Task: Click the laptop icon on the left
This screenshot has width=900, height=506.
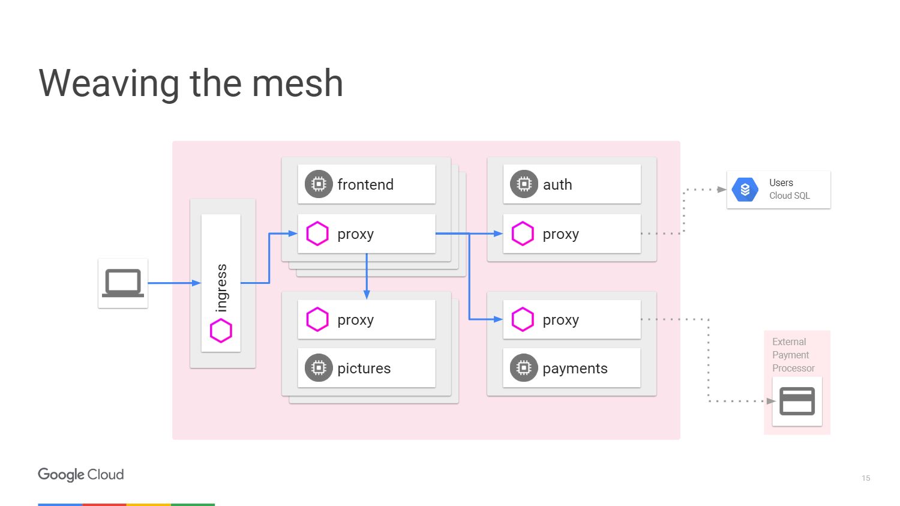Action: (123, 283)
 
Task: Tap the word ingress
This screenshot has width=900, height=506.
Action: (221, 288)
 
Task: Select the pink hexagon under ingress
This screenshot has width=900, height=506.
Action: (221, 331)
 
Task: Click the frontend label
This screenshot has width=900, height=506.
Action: (365, 184)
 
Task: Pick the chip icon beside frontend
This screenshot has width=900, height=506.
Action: (319, 184)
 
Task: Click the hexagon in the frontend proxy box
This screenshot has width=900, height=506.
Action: (317, 234)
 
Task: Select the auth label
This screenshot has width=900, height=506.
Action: (557, 184)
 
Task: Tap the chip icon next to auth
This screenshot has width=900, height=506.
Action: (524, 184)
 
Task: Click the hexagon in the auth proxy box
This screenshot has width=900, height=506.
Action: (523, 234)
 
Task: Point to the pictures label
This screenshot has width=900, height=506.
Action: (364, 369)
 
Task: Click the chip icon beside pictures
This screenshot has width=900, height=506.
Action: (319, 368)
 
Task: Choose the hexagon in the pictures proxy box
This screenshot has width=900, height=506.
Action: (317, 320)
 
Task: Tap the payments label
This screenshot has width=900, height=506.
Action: (575, 369)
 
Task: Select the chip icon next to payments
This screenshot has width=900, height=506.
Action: (524, 368)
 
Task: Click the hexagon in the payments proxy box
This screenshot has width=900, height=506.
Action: (523, 320)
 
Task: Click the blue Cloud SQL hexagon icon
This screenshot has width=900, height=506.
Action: (745, 190)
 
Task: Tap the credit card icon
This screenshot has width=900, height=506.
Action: (797, 402)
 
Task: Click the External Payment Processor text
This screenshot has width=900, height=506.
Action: (793, 355)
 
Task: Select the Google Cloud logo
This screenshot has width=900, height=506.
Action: (81, 474)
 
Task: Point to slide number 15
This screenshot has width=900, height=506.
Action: (865, 478)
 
